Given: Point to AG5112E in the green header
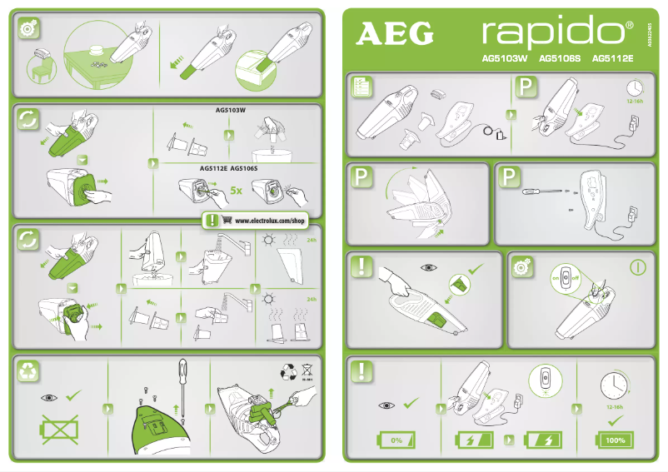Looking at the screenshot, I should click(613, 59).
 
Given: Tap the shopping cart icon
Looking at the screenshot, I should click(226, 221).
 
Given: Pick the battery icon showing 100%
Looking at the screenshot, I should click(615, 440).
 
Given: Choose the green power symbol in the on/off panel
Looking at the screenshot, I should click(638, 267).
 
